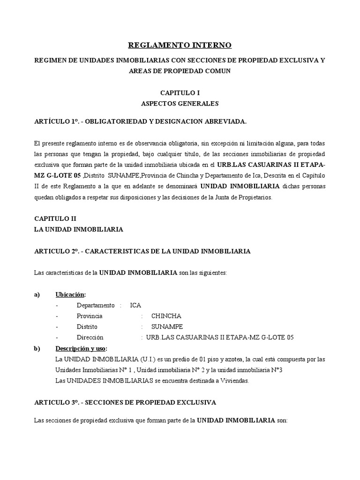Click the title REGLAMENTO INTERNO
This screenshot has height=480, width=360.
click(x=180, y=45)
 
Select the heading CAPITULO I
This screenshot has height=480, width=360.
click(x=180, y=93)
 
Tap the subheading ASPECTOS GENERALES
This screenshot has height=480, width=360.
click(x=180, y=103)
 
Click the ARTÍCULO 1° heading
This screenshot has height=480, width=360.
click(x=140, y=121)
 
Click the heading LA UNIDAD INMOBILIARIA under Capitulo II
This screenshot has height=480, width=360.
click(x=79, y=229)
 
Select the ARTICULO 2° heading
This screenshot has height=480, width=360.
click(x=142, y=251)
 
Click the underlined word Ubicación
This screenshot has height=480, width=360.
click(x=70, y=294)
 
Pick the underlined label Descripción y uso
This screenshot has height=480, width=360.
click(x=81, y=349)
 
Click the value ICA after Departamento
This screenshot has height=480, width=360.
click(x=135, y=305)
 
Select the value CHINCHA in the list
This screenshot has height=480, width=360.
click(x=166, y=316)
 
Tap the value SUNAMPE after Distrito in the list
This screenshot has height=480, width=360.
click(x=167, y=327)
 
